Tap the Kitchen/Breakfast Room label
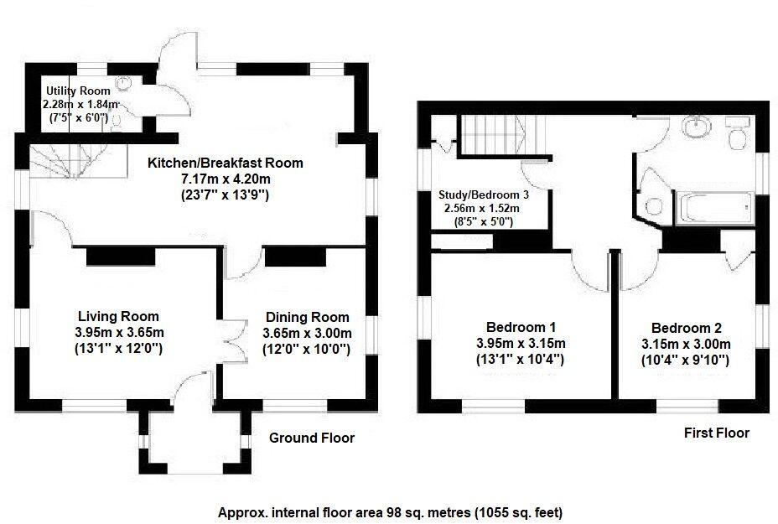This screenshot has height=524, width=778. [x=226, y=163]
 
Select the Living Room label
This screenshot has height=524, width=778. [x=118, y=316]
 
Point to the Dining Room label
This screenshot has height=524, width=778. [x=307, y=317]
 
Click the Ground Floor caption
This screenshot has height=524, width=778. [x=311, y=438]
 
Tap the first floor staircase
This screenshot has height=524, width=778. [x=494, y=134]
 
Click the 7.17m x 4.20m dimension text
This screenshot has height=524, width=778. [x=226, y=179]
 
